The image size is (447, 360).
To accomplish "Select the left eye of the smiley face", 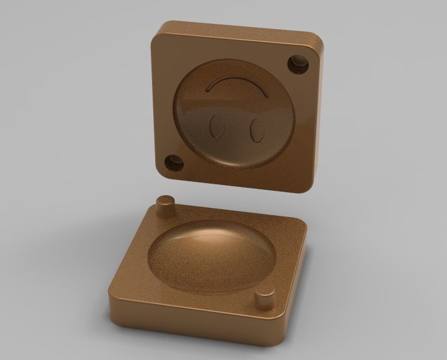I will pyautogui.click(x=215, y=128).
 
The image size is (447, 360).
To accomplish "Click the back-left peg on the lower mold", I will pyautogui.click(x=164, y=206).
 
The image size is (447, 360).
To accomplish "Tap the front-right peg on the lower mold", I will pyautogui.click(x=265, y=299).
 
